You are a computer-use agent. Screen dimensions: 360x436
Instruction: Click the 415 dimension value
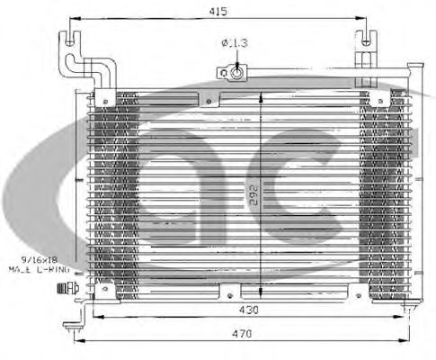click(217, 11)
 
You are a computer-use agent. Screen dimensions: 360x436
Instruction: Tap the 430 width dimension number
click(249, 310)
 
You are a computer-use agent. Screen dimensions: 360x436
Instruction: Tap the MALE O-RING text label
click(33, 268)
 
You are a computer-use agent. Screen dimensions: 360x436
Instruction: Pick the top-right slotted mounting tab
click(366, 41)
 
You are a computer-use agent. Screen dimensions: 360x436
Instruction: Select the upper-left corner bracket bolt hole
click(106, 98)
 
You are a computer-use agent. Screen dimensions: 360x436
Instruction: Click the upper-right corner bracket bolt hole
click(371, 98)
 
